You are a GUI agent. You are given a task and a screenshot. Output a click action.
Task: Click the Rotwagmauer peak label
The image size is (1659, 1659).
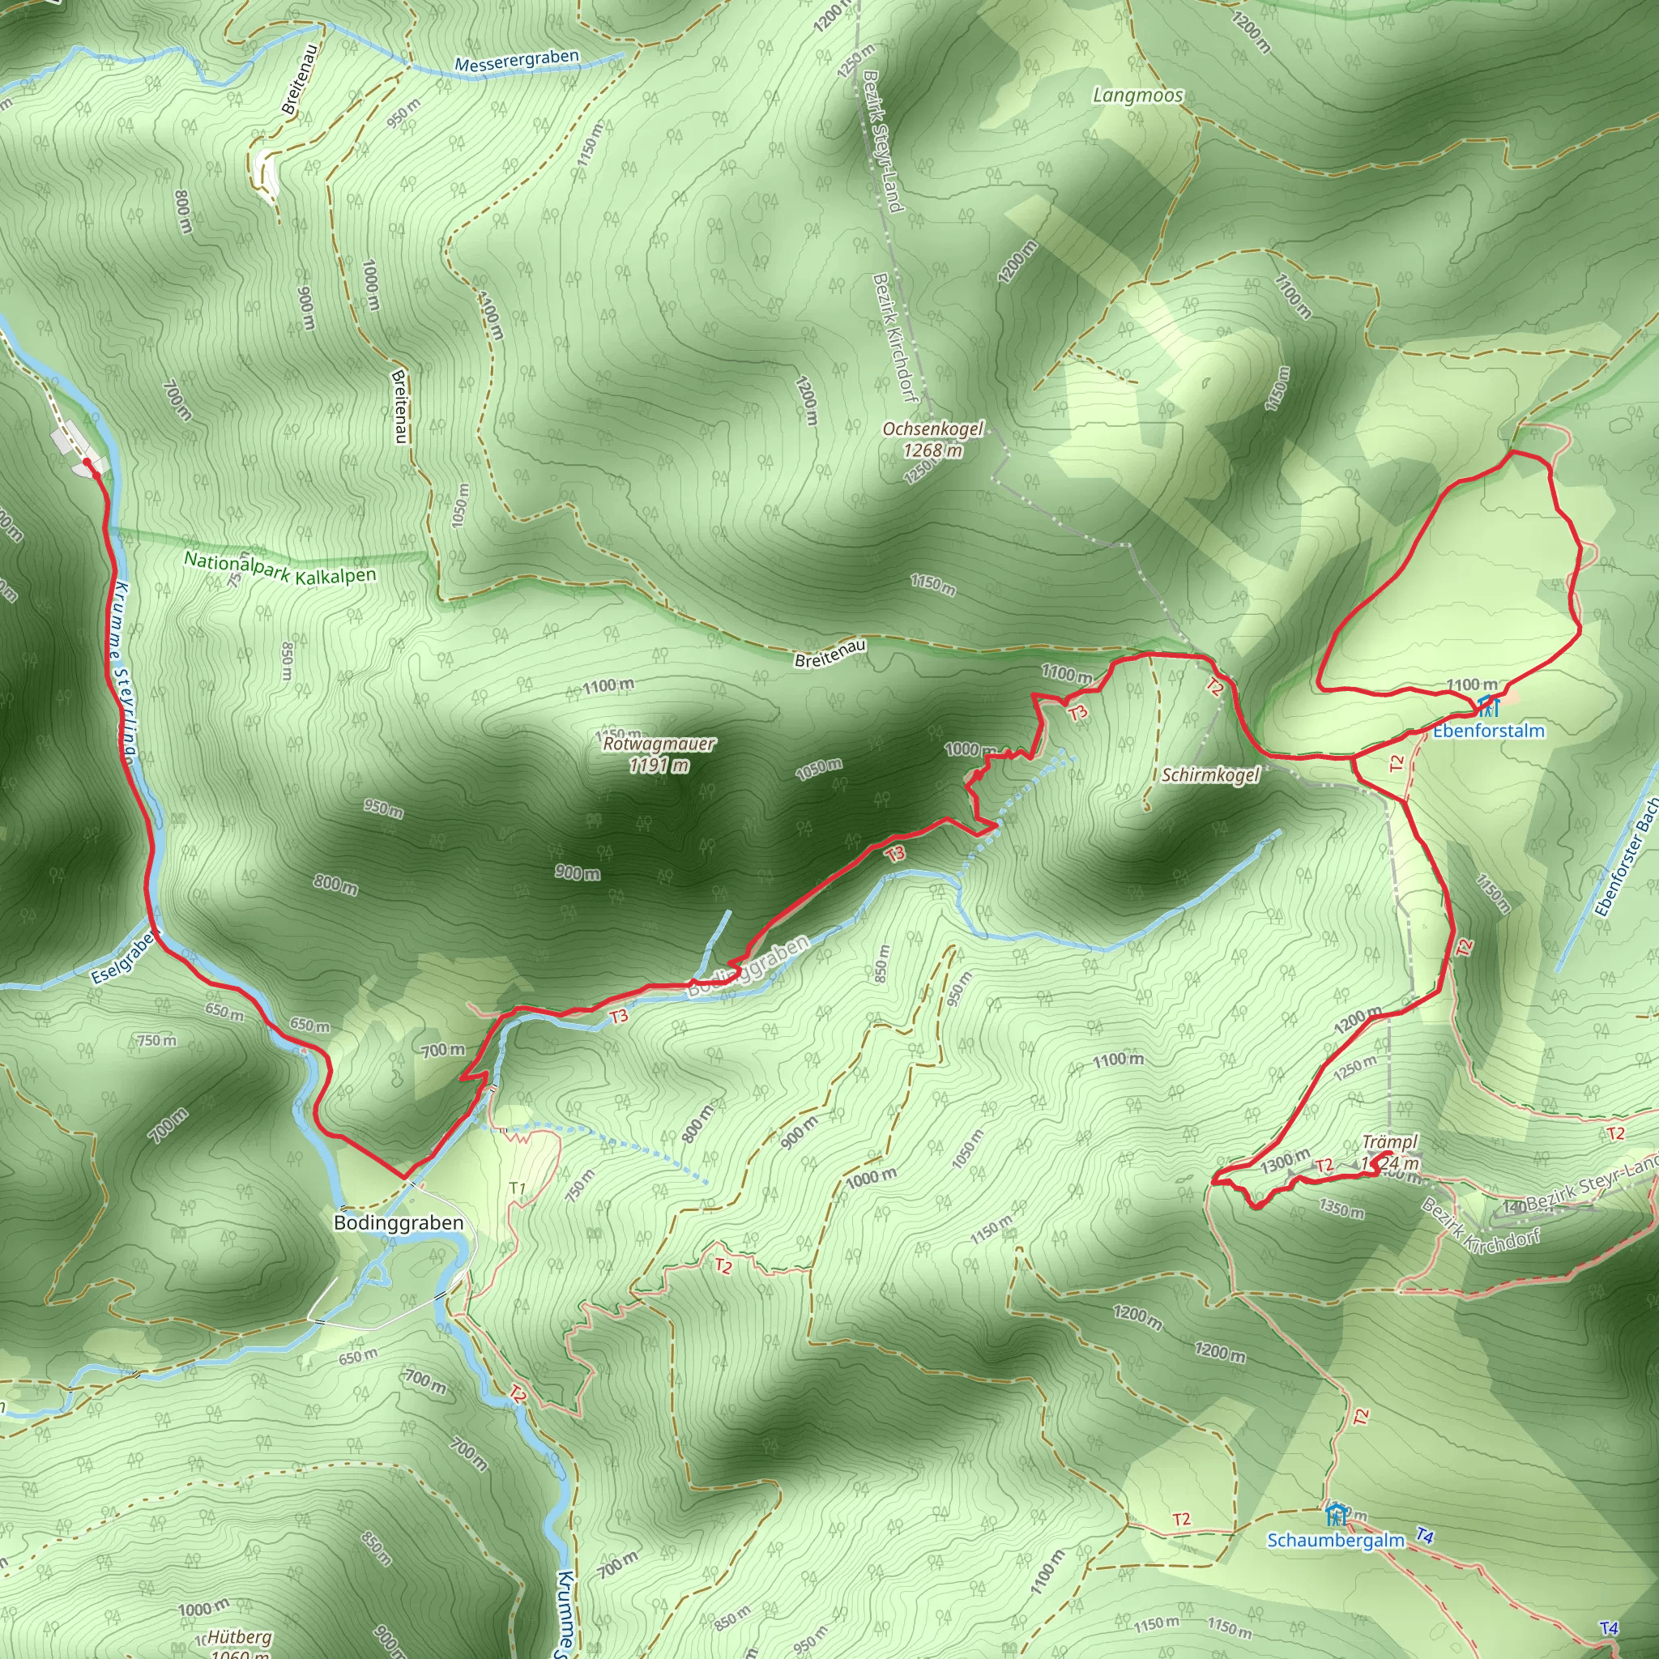click(659, 744)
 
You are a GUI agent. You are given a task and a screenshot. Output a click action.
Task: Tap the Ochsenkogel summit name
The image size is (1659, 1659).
click(933, 429)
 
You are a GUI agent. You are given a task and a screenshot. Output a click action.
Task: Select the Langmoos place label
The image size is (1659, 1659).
click(1138, 96)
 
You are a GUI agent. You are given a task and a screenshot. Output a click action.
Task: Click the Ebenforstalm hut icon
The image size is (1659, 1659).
click(1489, 706)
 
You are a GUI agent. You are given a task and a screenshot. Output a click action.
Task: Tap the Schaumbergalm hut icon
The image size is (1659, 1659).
click(1334, 1514)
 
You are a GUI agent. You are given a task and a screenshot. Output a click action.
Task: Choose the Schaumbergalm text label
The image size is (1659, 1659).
click(1336, 1540)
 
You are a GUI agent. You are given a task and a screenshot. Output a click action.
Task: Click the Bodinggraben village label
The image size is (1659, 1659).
click(399, 1222)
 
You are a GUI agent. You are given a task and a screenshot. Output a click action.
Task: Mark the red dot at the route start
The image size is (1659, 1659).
click(87, 462)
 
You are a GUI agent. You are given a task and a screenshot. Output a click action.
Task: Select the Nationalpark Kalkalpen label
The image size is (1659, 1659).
click(280, 569)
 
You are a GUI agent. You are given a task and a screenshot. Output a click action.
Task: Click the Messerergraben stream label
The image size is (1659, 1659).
click(517, 61)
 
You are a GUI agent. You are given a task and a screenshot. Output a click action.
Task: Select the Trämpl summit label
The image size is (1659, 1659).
click(1390, 1142)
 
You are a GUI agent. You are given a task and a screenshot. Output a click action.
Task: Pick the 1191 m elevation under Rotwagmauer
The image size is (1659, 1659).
click(659, 765)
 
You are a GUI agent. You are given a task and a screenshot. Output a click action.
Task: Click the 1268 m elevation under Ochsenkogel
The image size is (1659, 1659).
click(933, 450)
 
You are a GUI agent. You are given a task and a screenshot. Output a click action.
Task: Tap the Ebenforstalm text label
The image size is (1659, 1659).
click(1489, 731)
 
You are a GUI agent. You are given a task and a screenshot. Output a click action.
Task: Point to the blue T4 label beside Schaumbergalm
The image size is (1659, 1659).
click(1425, 1535)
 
